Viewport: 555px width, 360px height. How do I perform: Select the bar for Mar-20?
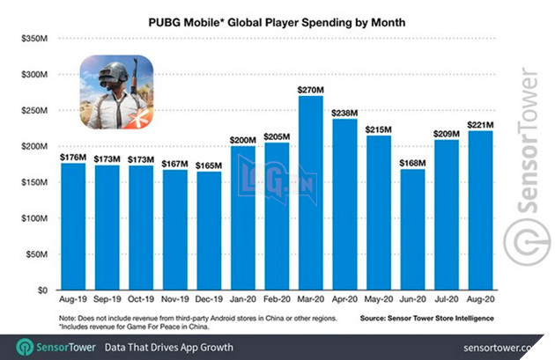click(310, 193)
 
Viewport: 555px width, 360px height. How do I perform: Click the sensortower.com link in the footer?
click(504, 347)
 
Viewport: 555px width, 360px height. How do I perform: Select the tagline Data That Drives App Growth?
click(170, 347)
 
